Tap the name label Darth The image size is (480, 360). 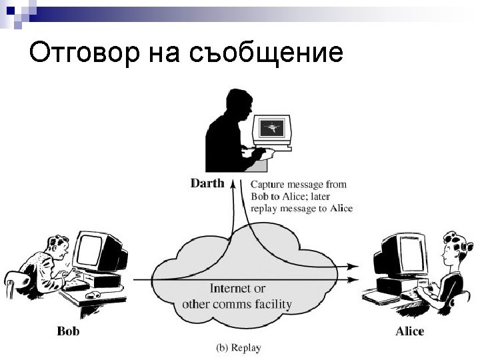[207, 183]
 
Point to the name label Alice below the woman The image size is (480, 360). [409, 331]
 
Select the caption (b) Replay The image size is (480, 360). [239, 347]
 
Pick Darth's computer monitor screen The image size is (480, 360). [272, 126]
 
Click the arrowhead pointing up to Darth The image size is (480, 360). [233, 183]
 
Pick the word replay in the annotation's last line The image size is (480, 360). [265, 208]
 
